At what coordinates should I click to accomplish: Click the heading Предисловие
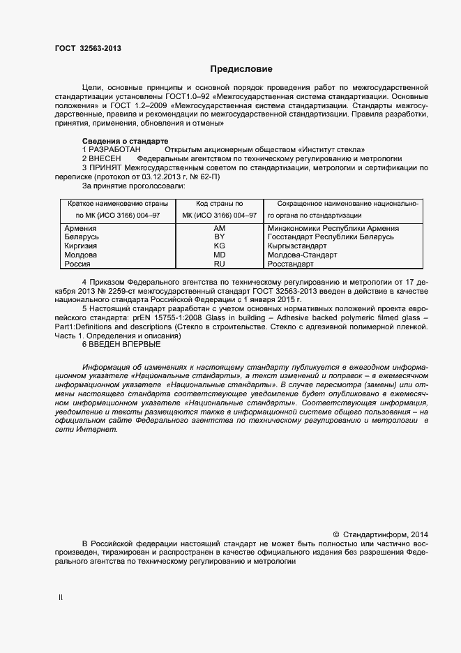coord(241,69)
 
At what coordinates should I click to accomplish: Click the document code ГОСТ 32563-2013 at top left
coord(88,48)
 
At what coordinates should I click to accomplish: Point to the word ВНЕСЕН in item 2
coord(105,159)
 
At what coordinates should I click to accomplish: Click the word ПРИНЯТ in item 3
coord(105,168)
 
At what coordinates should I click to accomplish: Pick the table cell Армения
coord(80,228)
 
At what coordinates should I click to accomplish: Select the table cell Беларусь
coord(82,237)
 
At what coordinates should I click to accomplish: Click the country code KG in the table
coord(219,246)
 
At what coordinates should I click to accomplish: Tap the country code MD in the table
coord(219,255)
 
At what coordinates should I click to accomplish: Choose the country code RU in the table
coord(219,264)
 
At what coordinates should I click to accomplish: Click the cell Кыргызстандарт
coord(297,246)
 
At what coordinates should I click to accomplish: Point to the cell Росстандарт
coord(291,264)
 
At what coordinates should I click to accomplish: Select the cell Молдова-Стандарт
coord(302,255)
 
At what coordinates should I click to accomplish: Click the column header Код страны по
coord(219,203)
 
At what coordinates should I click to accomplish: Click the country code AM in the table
coord(219,228)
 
